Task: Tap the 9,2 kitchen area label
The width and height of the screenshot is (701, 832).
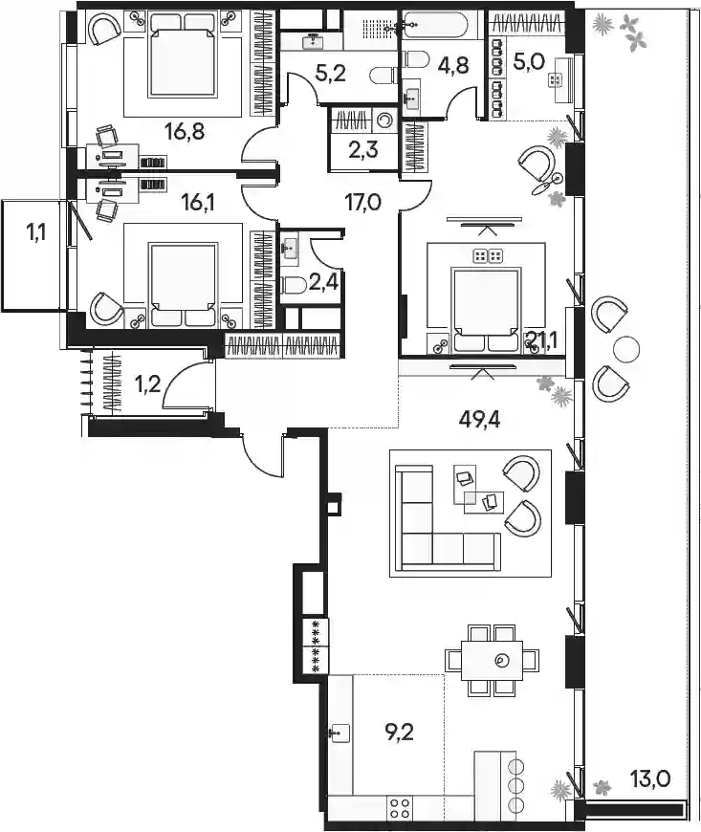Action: click(x=399, y=733)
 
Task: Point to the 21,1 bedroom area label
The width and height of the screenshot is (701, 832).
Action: click(x=541, y=339)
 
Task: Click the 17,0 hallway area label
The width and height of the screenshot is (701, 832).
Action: click(x=363, y=202)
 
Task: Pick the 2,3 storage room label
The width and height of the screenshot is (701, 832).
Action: click(x=363, y=149)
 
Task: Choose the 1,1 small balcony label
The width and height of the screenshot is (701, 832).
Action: click(x=35, y=231)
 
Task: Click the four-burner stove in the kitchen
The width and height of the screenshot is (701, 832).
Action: click(x=399, y=809)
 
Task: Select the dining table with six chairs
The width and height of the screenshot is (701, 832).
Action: click(x=492, y=660)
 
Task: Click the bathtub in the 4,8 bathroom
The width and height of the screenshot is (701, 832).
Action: click(x=442, y=24)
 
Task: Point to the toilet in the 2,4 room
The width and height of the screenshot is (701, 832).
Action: click(x=293, y=287)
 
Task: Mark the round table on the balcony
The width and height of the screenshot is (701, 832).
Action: click(x=626, y=349)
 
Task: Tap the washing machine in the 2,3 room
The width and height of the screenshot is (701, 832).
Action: click(x=384, y=120)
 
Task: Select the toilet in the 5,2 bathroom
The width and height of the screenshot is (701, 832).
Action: click(x=383, y=76)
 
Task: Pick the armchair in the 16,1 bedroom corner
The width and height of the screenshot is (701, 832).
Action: click(x=107, y=311)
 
